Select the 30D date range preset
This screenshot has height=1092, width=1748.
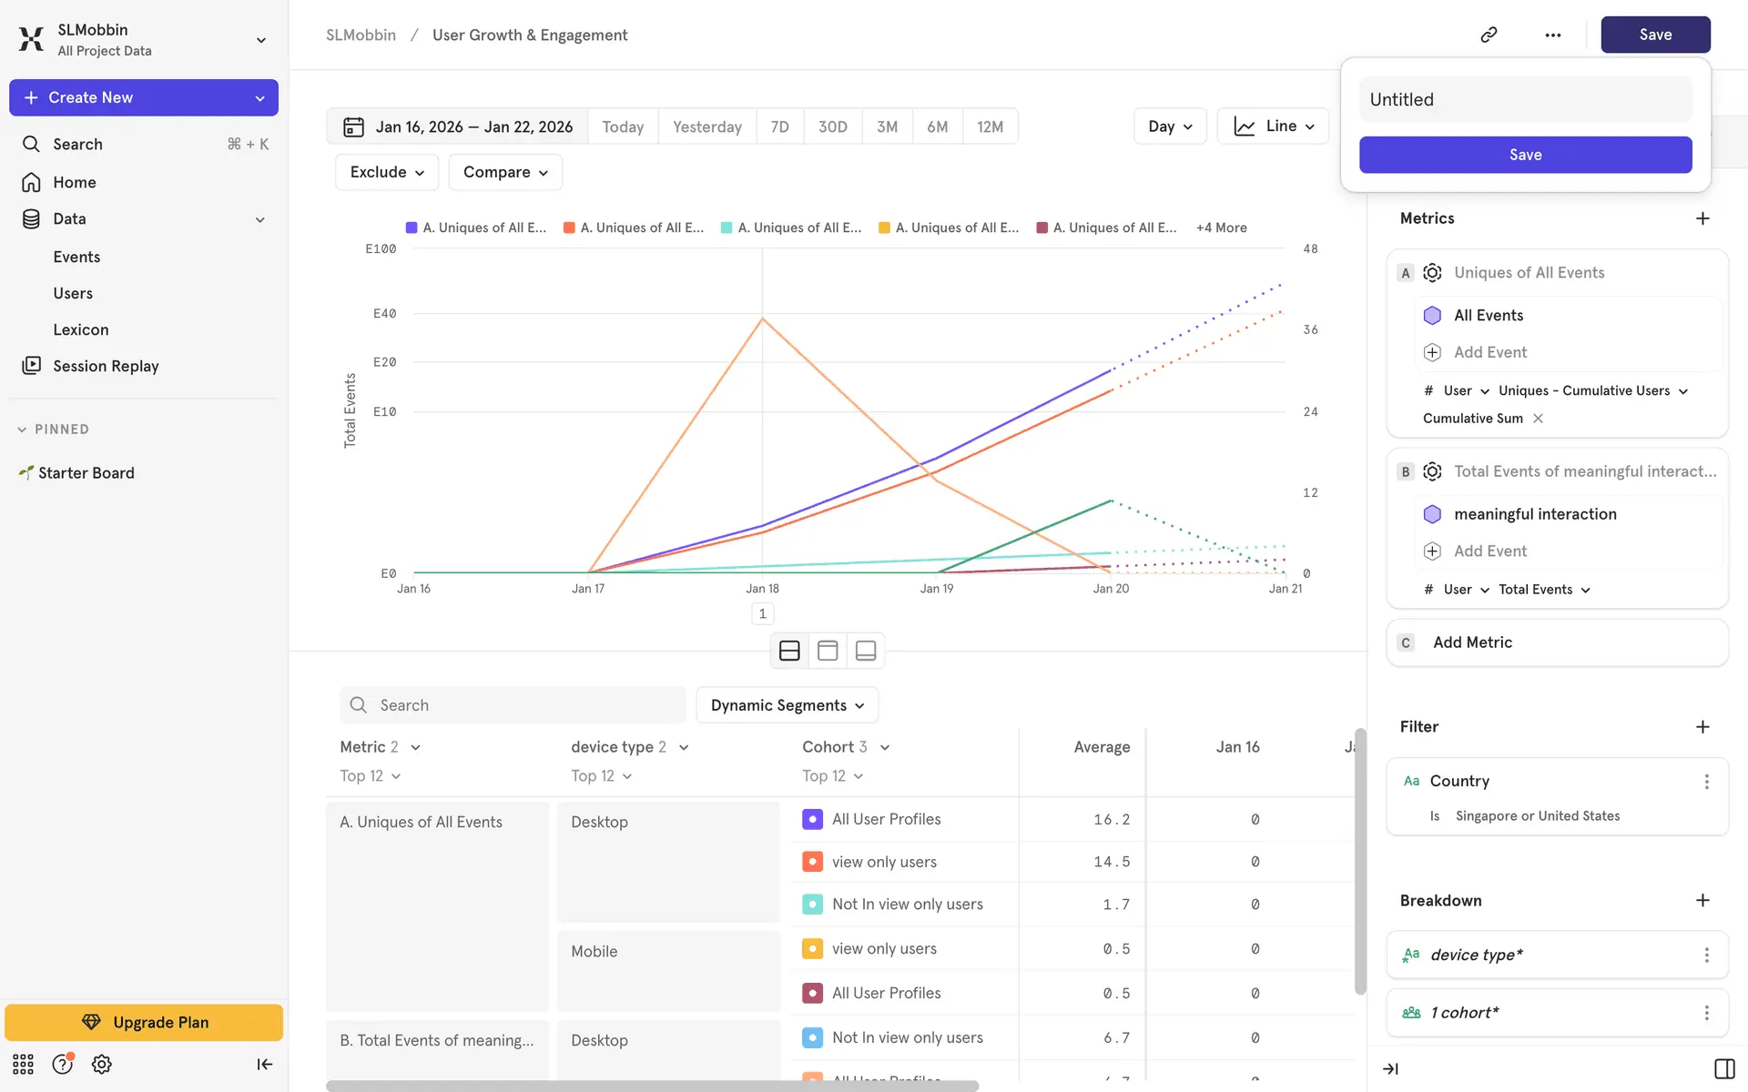(x=832, y=126)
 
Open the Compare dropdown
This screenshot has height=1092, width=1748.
(x=505, y=172)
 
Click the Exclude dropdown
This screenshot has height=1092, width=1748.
(x=387, y=172)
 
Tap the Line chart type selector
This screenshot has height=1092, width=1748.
(x=1273, y=126)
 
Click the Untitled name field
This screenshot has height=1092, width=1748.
(x=1525, y=99)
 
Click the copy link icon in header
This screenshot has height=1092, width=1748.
(x=1489, y=35)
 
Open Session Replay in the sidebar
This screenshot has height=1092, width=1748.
(x=106, y=366)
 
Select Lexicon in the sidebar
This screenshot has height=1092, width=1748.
(x=81, y=329)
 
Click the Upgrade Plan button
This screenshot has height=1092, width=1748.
(x=144, y=1022)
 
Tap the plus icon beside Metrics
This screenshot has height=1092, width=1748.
(x=1702, y=218)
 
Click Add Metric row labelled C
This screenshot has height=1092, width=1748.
(x=1557, y=642)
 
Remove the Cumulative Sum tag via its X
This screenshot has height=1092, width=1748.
(x=1538, y=419)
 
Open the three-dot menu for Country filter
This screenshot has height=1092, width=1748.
(x=1706, y=781)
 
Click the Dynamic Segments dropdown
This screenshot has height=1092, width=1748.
(x=787, y=705)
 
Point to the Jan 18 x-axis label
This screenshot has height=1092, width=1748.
(x=762, y=589)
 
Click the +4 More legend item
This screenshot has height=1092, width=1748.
(x=1221, y=227)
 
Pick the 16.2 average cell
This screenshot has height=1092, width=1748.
(x=1111, y=819)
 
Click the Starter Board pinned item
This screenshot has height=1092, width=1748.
(x=86, y=473)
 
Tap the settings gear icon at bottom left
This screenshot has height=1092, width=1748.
(x=102, y=1064)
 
